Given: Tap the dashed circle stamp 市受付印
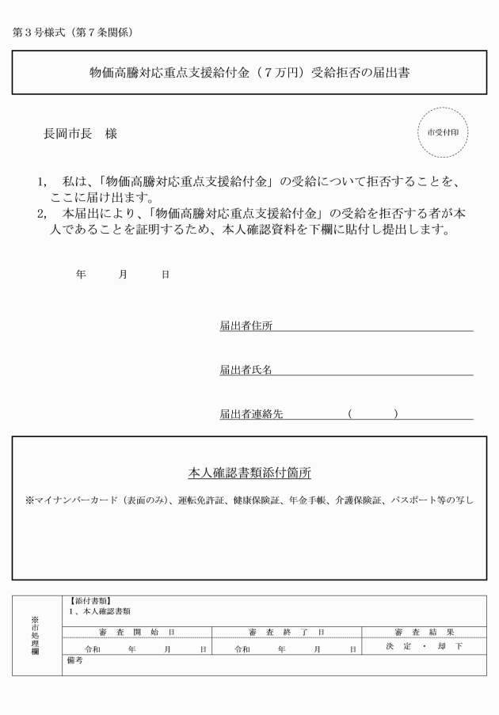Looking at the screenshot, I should pyautogui.click(x=443, y=132).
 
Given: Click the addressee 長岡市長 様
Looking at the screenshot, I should pyautogui.click(x=80, y=135).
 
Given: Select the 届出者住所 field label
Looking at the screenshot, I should pyautogui.click(x=246, y=326).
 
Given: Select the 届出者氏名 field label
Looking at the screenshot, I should pyautogui.click(x=246, y=370).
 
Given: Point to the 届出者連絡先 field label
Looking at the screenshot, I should pyautogui.click(x=251, y=413).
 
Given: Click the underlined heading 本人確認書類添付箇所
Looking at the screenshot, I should pyautogui.click(x=249, y=473).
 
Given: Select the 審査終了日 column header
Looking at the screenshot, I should pyautogui.click(x=286, y=632).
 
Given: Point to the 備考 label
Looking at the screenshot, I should pyautogui.click(x=76, y=660).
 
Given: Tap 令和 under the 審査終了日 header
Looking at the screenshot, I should pyautogui.click(x=242, y=648).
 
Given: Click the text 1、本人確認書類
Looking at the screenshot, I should pyautogui.click(x=100, y=611).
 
